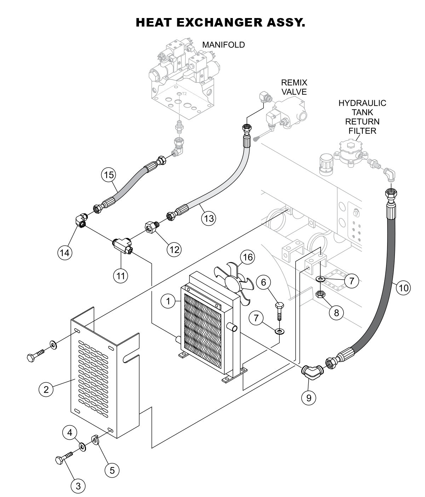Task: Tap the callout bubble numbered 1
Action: point(168,301)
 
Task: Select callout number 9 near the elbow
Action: point(309,398)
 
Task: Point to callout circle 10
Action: point(403,287)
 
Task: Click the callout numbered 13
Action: point(208,218)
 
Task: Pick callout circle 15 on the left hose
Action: point(109,175)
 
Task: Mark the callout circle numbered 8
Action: point(336,313)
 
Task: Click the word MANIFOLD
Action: point(223,45)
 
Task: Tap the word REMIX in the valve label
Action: point(294,82)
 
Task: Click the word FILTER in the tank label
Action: point(362,131)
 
